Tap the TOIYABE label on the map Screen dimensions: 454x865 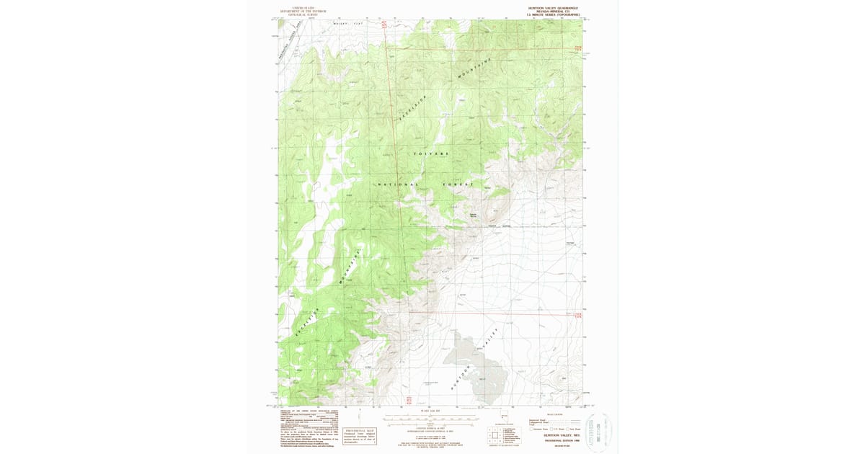(431, 154)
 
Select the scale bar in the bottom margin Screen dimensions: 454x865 (430, 418)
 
